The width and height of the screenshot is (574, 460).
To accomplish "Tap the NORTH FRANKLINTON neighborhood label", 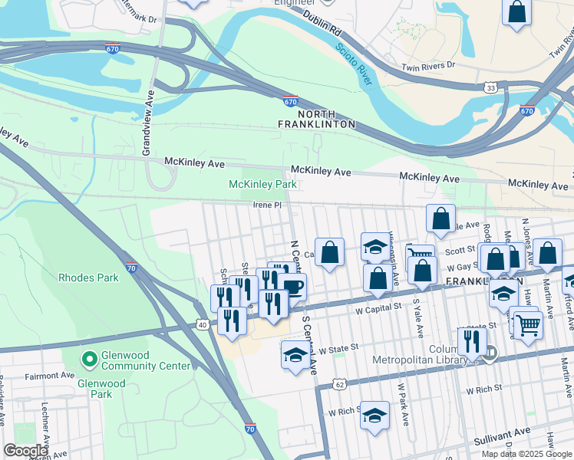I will point(317,118).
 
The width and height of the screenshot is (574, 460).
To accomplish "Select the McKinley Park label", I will point(262,184).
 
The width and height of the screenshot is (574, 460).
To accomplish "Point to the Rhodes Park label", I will point(88,278).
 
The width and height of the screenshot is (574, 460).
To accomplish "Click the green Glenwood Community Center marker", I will point(90,358).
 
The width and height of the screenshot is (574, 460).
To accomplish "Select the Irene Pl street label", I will point(269,205).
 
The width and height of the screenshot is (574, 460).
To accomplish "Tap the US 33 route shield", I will point(490,88).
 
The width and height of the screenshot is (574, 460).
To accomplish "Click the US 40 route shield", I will point(202,325).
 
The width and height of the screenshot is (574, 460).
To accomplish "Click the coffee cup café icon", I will point(292,287).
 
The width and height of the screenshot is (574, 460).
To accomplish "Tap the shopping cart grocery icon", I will point(528,324).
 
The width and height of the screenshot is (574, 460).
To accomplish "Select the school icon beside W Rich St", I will point(375,416).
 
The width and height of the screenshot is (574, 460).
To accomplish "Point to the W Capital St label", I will point(379,307).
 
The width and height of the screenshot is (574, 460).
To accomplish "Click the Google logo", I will point(25,451).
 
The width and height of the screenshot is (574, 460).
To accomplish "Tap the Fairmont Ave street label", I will point(49,376).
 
